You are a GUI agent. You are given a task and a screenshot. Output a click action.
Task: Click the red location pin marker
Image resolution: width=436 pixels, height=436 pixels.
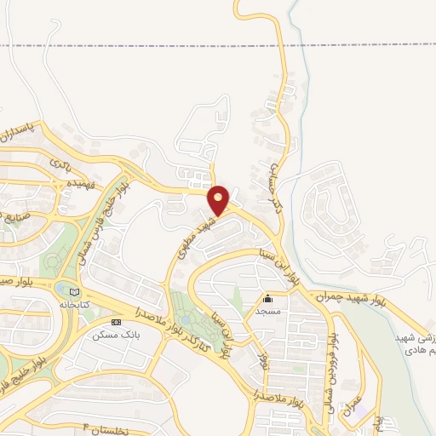coord(220,200)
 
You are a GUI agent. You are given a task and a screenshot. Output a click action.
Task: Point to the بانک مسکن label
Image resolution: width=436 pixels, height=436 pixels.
coord(116,335)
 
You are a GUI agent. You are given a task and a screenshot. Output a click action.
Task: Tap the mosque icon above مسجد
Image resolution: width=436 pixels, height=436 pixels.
coord(268,299)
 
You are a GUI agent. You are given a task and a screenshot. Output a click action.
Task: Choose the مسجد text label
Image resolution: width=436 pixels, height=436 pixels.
coord(268,311)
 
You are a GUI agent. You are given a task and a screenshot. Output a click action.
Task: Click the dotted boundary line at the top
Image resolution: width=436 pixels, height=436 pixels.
coord(128,44)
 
